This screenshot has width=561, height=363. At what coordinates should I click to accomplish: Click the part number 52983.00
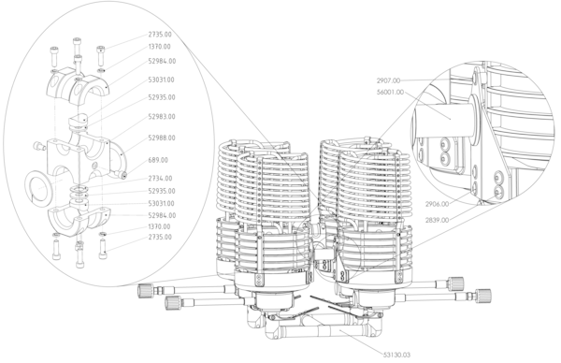point(162,117)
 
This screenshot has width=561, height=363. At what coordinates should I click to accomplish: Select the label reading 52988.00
point(162,138)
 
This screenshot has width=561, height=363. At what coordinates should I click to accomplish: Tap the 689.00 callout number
point(158,160)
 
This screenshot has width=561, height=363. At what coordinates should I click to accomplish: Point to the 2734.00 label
point(160,179)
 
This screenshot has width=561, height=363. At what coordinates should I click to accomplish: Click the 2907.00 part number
point(388,80)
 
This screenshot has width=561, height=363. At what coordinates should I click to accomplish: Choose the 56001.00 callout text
point(390,93)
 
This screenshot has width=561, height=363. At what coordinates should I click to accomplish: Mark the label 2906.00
point(437,204)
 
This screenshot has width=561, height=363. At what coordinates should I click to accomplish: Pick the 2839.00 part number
point(437,220)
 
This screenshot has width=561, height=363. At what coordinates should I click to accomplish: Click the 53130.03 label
point(396,356)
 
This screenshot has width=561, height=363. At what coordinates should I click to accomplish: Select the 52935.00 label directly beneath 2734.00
point(162,191)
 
